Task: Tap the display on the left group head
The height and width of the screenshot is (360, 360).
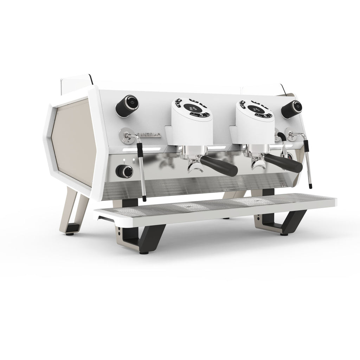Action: [x=194, y=109]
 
